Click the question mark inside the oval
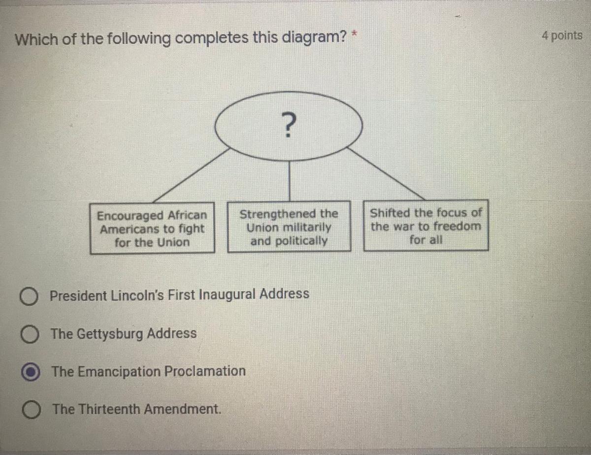[289, 125]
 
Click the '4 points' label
[561, 36]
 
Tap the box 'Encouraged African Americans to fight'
[152, 228]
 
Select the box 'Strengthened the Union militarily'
[289, 227]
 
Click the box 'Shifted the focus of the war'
[426, 226]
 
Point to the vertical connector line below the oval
[289, 180]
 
